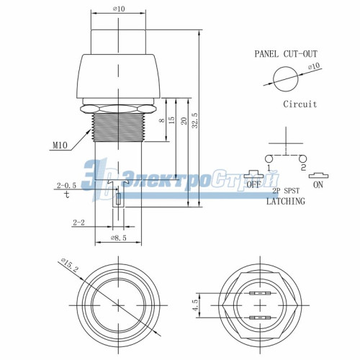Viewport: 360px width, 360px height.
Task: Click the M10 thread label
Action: click(x=60, y=145)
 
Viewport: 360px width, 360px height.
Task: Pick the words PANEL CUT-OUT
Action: click(x=285, y=54)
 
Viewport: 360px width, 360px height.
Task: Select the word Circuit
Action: click(x=300, y=104)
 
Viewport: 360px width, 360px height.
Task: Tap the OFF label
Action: click(x=253, y=184)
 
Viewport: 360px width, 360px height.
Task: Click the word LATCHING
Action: click(x=285, y=202)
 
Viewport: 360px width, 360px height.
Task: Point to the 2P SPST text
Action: click(x=286, y=192)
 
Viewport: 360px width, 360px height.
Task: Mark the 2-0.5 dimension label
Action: click(x=66, y=185)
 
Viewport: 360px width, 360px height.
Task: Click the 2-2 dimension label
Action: click(x=79, y=224)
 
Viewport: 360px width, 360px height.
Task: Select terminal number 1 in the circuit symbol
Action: click(x=267, y=167)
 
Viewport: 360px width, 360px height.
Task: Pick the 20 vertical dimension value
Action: click(x=184, y=122)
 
